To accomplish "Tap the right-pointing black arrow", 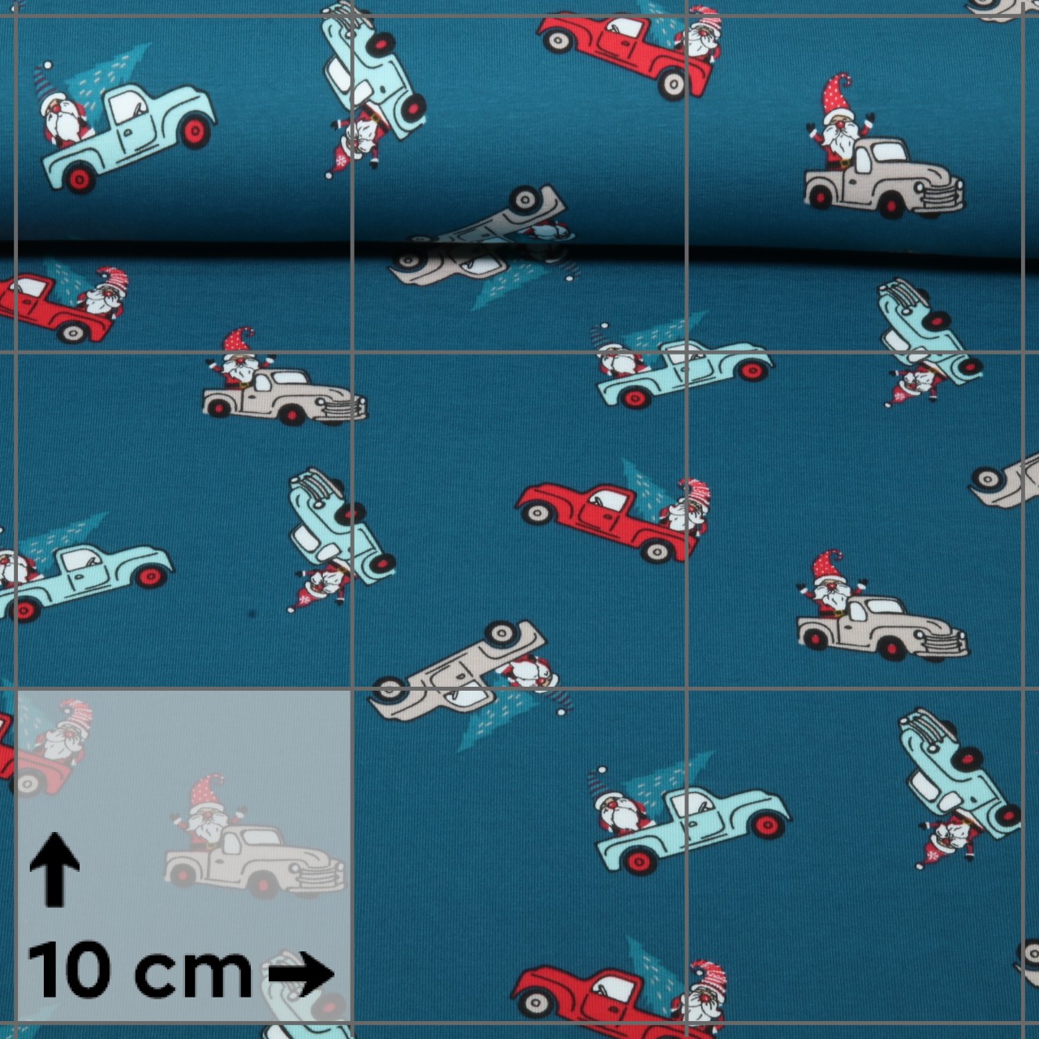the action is pos(300,974).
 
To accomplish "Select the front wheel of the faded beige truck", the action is pos(263,884).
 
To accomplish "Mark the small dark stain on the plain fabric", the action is pos(252,614).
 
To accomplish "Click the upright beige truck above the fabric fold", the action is pos(884,177).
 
